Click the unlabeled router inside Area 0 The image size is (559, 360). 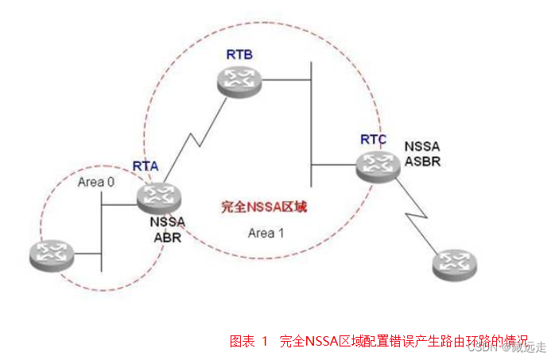pyautogui.click(x=51, y=254)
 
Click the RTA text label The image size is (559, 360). pyautogui.click(x=146, y=166)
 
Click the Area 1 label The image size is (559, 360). pyautogui.click(x=265, y=233)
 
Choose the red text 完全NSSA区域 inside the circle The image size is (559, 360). pyautogui.click(x=264, y=207)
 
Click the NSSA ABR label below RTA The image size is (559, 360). pyautogui.click(x=166, y=229)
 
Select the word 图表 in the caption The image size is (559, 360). pyautogui.click(x=242, y=342)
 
